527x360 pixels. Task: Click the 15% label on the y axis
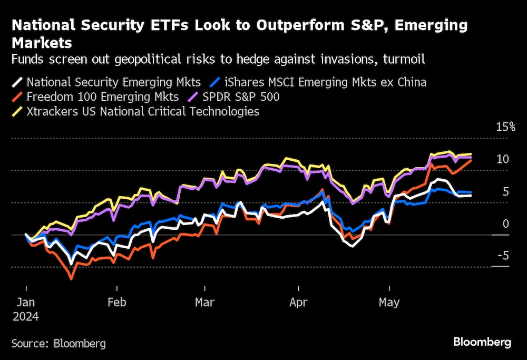click(505, 127)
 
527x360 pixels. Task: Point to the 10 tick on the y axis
click(503, 159)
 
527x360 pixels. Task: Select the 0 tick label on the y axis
click(506, 224)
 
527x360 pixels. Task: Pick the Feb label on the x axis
click(116, 303)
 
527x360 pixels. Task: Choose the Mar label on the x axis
click(204, 303)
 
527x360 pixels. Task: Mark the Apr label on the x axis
click(299, 303)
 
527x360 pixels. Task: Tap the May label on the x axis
click(389, 303)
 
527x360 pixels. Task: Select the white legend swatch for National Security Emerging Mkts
click(18, 82)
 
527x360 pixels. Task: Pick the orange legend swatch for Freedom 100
click(18, 97)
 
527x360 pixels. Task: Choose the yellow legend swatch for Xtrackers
click(18, 111)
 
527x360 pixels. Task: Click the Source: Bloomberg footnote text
click(58, 344)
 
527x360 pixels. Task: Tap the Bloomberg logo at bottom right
click(482, 342)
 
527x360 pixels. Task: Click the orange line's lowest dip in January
click(71, 278)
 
